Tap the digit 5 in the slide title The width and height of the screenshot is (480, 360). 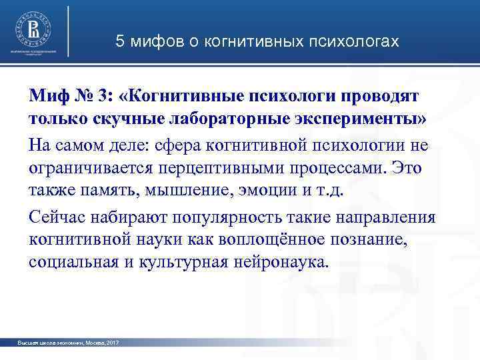pos(120,41)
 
